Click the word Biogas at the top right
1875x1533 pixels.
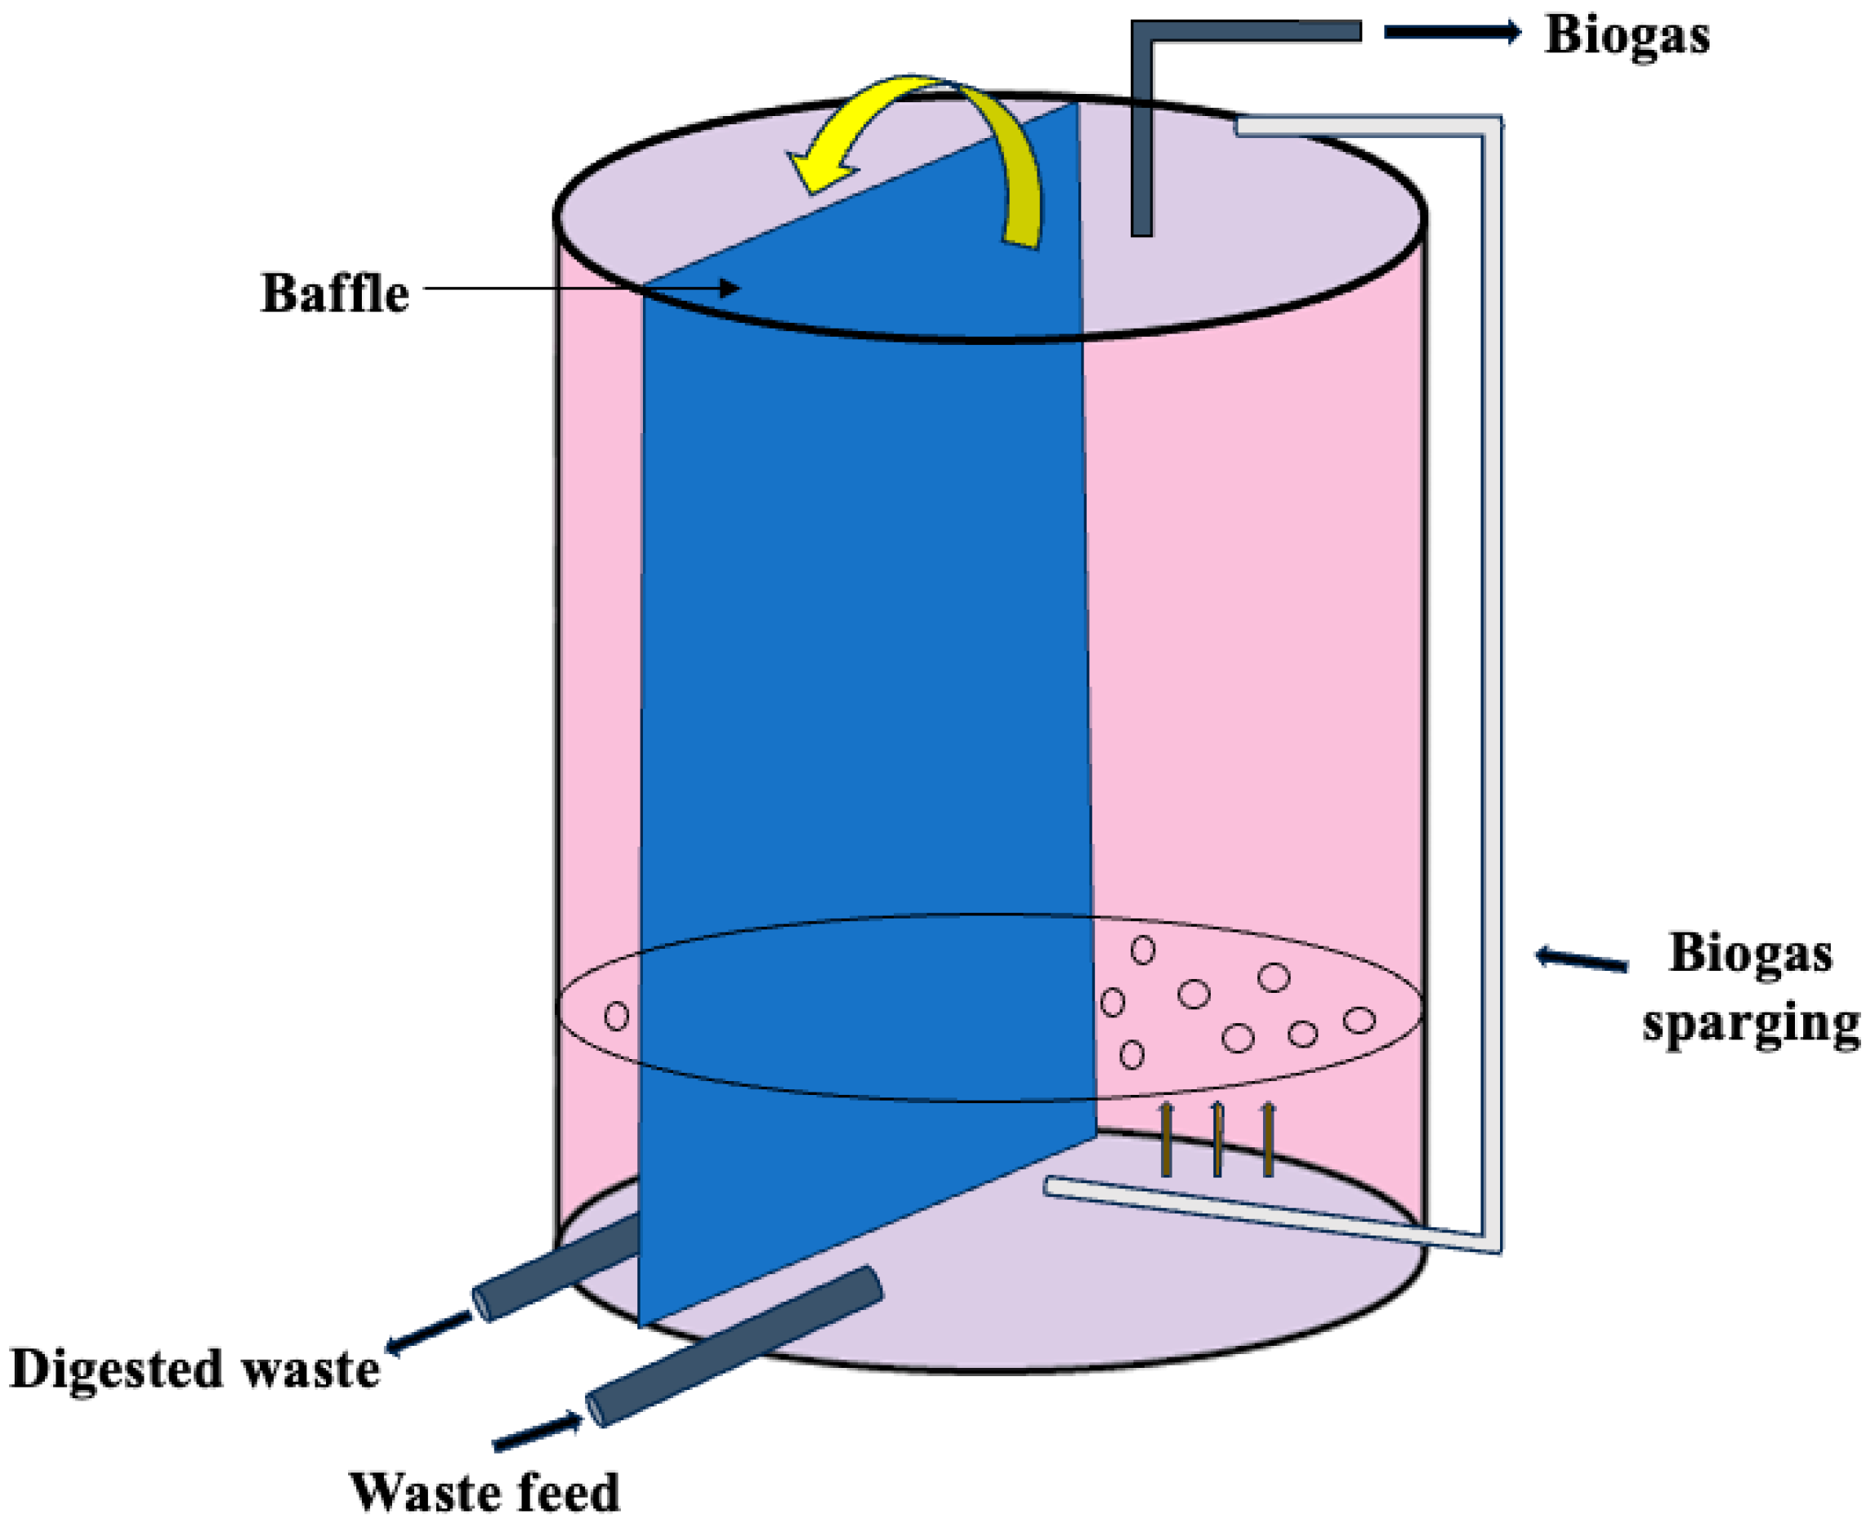pyautogui.click(x=1626, y=37)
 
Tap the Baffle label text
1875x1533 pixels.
pyautogui.click(x=335, y=293)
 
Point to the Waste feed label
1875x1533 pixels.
pyautogui.click(x=484, y=1492)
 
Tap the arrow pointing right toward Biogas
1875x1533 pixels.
pyautogui.click(x=1451, y=33)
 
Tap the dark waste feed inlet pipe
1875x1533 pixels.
pyautogui.click(x=734, y=1347)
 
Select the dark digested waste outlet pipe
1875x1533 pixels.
pyautogui.click(x=556, y=1268)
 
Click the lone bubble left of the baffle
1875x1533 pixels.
pyautogui.click(x=616, y=1017)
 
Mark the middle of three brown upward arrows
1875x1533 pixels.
pyautogui.click(x=1217, y=1139)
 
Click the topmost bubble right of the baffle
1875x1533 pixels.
pyautogui.click(x=1142, y=950)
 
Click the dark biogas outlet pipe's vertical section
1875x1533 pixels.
pyautogui.click(x=1142, y=132)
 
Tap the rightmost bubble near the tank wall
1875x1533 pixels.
pyautogui.click(x=1359, y=1020)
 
